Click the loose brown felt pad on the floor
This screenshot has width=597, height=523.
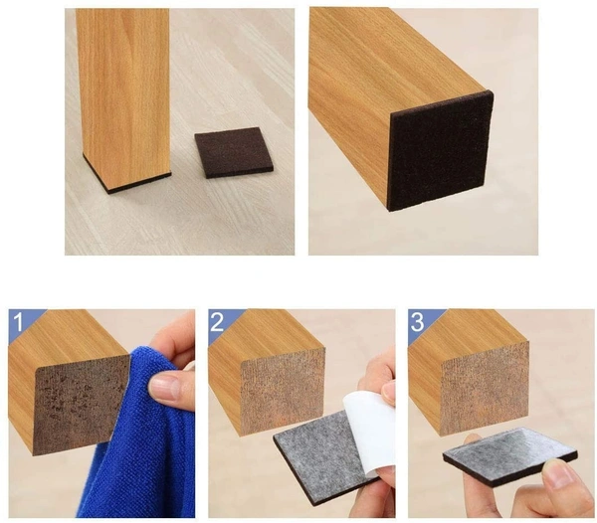point(234,152)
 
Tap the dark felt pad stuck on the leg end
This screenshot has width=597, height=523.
point(441,150)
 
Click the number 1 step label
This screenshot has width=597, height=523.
point(18,322)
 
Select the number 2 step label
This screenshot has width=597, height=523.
point(217,322)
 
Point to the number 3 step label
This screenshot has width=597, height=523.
point(417,322)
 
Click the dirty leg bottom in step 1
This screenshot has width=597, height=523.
point(81,404)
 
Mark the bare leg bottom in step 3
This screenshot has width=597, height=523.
point(485,388)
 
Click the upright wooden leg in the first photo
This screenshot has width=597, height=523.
point(123,97)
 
